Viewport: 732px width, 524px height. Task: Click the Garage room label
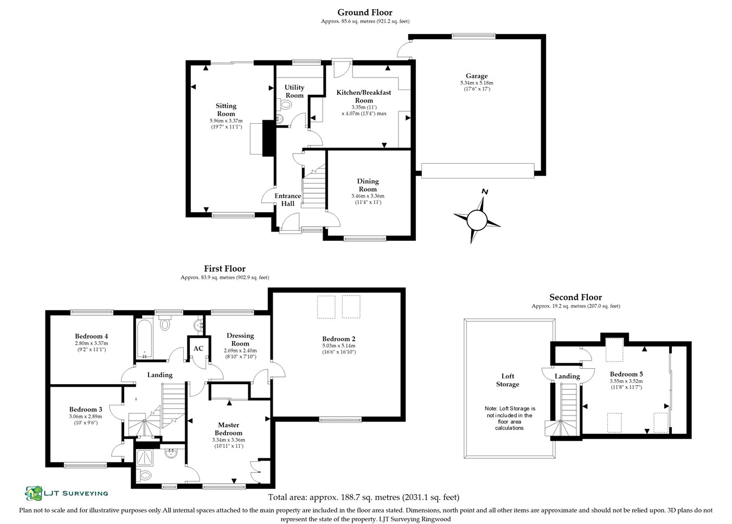476,76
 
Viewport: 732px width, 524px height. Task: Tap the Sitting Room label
226,110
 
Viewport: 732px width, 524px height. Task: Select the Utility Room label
294,91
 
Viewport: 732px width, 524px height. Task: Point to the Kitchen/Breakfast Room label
364,96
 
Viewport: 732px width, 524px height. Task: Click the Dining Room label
368,185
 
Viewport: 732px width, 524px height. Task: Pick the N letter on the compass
485,192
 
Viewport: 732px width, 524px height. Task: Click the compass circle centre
477,220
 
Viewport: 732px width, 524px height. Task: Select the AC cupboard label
198,348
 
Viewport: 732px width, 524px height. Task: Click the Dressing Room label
240,339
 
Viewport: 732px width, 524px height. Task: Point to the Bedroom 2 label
338,339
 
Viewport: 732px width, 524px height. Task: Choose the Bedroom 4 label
91,336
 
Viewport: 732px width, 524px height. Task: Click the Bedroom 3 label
86,410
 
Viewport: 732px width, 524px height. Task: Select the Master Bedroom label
228,429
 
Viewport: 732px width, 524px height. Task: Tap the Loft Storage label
508,380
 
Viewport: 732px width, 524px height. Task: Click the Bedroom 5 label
626,374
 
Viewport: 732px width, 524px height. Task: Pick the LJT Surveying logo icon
34,493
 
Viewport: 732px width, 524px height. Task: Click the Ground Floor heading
364,12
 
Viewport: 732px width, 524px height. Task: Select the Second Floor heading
575,297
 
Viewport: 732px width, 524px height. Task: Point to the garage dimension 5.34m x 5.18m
477,83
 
